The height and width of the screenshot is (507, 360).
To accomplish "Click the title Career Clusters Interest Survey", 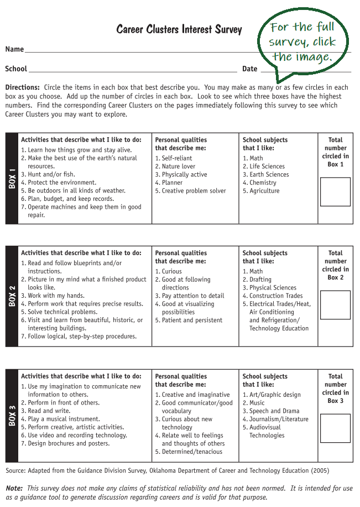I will pyautogui.click(x=179, y=29).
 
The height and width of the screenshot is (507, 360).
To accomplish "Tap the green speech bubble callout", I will pyautogui.click(x=302, y=42).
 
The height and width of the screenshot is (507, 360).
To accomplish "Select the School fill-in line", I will pyautogui.click(x=133, y=71).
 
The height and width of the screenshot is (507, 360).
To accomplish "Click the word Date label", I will pyautogui.click(x=249, y=69).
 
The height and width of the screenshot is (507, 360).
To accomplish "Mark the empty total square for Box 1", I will pyautogui.click(x=335, y=192).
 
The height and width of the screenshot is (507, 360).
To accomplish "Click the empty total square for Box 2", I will pyautogui.click(x=335, y=305).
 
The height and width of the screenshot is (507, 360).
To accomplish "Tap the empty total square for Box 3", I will pyautogui.click(x=335, y=428).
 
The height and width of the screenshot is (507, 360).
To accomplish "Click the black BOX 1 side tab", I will pyautogui.click(x=12, y=178).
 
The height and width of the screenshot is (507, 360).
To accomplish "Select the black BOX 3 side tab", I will pyautogui.click(x=12, y=415).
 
